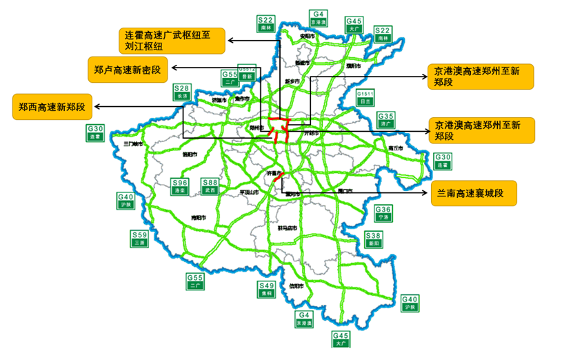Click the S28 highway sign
182,92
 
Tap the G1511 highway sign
365,97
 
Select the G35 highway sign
385,120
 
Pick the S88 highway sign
210,186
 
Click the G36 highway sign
383,212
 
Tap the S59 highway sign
140,239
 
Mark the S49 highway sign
266,289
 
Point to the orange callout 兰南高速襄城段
472,194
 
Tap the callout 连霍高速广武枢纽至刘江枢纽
173,41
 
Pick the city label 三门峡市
132,144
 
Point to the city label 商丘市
396,148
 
